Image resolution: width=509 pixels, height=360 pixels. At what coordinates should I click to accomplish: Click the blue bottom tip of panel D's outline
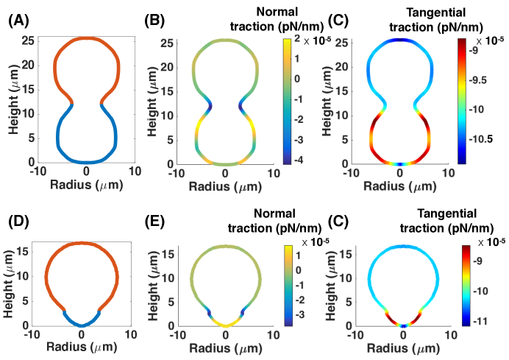pyautogui.click(x=82, y=324)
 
